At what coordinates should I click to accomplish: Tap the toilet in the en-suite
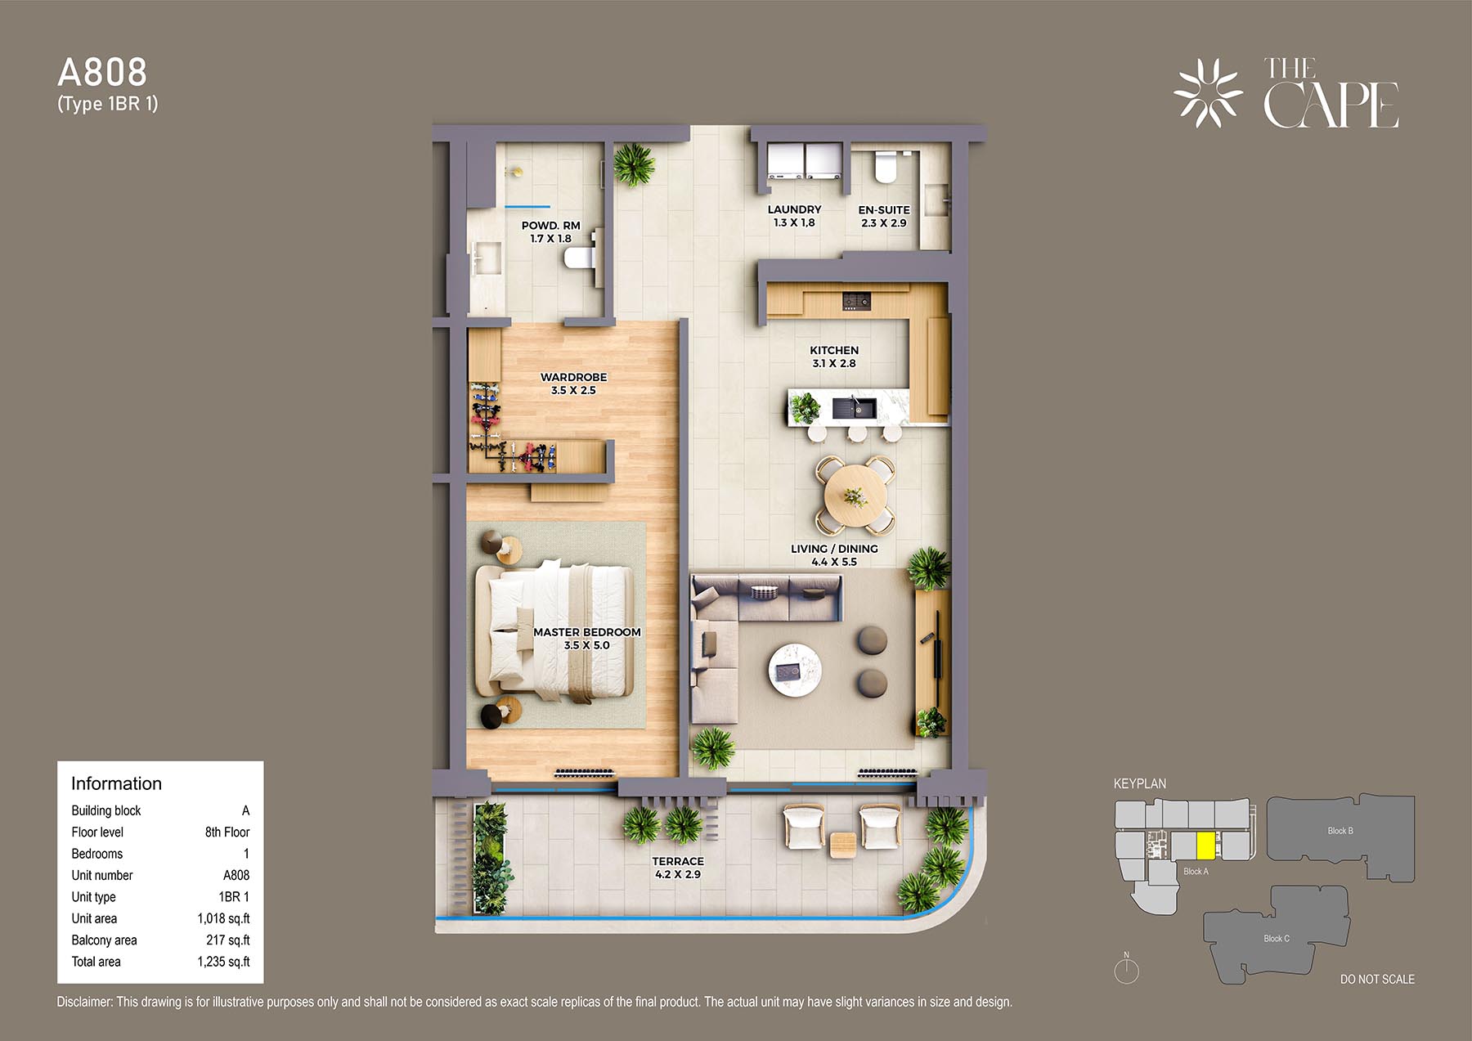(x=886, y=169)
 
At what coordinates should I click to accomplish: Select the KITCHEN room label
(x=834, y=350)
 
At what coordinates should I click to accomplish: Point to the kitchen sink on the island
(x=855, y=406)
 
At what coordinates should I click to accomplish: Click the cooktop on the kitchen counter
(x=856, y=302)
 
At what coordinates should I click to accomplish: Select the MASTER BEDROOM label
(x=587, y=632)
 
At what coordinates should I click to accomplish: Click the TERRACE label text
(x=678, y=861)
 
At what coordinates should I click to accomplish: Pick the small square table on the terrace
(x=843, y=845)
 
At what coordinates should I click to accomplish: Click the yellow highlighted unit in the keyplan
(x=1205, y=846)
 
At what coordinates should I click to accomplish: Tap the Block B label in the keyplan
(x=1340, y=831)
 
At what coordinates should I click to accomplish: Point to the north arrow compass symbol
(x=1127, y=969)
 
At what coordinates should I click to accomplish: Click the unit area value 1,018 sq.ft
(x=223, y=918)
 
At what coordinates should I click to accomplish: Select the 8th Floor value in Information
(x=227, y=832)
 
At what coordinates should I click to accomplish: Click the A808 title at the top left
(x=102, y=73)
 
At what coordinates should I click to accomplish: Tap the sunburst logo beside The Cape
(x=1208, y=93)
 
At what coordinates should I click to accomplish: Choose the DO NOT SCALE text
(x=1377, y=979)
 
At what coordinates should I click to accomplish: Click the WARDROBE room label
(x=573, y=377)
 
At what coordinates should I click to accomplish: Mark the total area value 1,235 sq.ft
(x=223, y=962)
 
